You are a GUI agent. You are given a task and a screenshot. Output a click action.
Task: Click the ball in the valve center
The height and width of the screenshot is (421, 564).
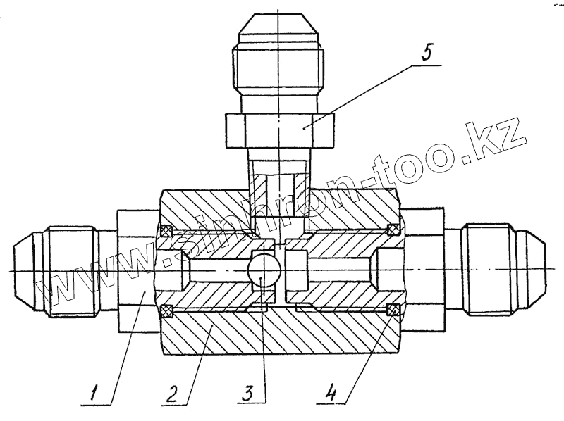click(262, 270)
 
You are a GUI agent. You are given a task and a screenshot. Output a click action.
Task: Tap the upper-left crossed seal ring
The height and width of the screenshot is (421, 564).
click(167, 230)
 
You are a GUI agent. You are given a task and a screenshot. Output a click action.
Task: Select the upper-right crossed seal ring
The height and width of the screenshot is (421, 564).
click(393, 230)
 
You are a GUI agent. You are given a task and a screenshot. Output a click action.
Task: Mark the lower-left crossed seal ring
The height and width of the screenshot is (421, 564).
click(167, 309)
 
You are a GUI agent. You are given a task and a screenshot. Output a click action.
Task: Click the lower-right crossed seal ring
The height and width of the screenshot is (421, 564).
click(393, 309)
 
